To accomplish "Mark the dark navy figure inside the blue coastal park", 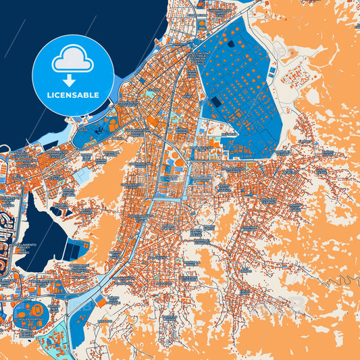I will click(x=99, y=128).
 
